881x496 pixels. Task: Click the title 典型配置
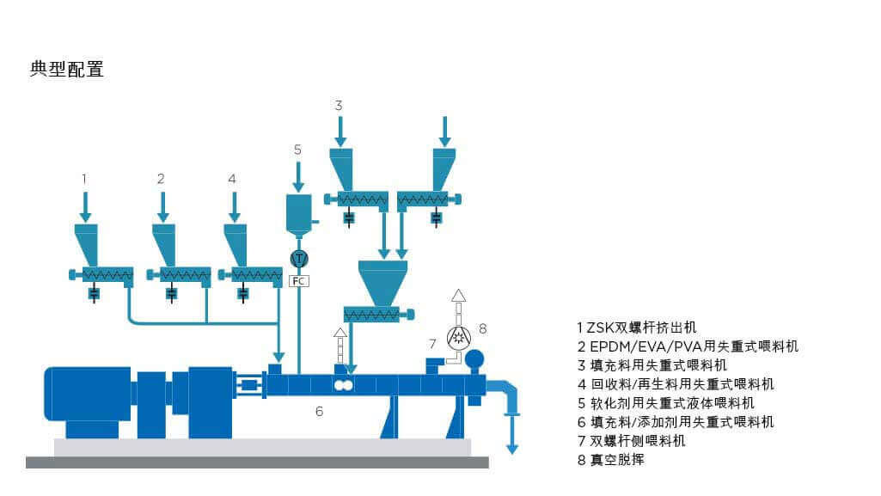[x=67, y=70]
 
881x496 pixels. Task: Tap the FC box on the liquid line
[x=299, y=280]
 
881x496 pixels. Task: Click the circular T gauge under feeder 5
[x=299, y=258]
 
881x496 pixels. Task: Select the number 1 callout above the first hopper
[x=84, y=179]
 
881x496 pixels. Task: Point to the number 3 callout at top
[x=339, y=105]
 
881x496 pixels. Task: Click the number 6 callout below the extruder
[x=319, y=412]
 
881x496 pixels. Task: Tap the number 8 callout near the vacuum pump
[x=483, y=328]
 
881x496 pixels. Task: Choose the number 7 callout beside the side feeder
[x=432, y=344]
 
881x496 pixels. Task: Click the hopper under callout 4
[x=236, y=244]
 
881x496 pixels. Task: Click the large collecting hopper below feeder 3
[x=382, y=280]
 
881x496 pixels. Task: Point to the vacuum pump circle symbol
[x=458, y=334]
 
